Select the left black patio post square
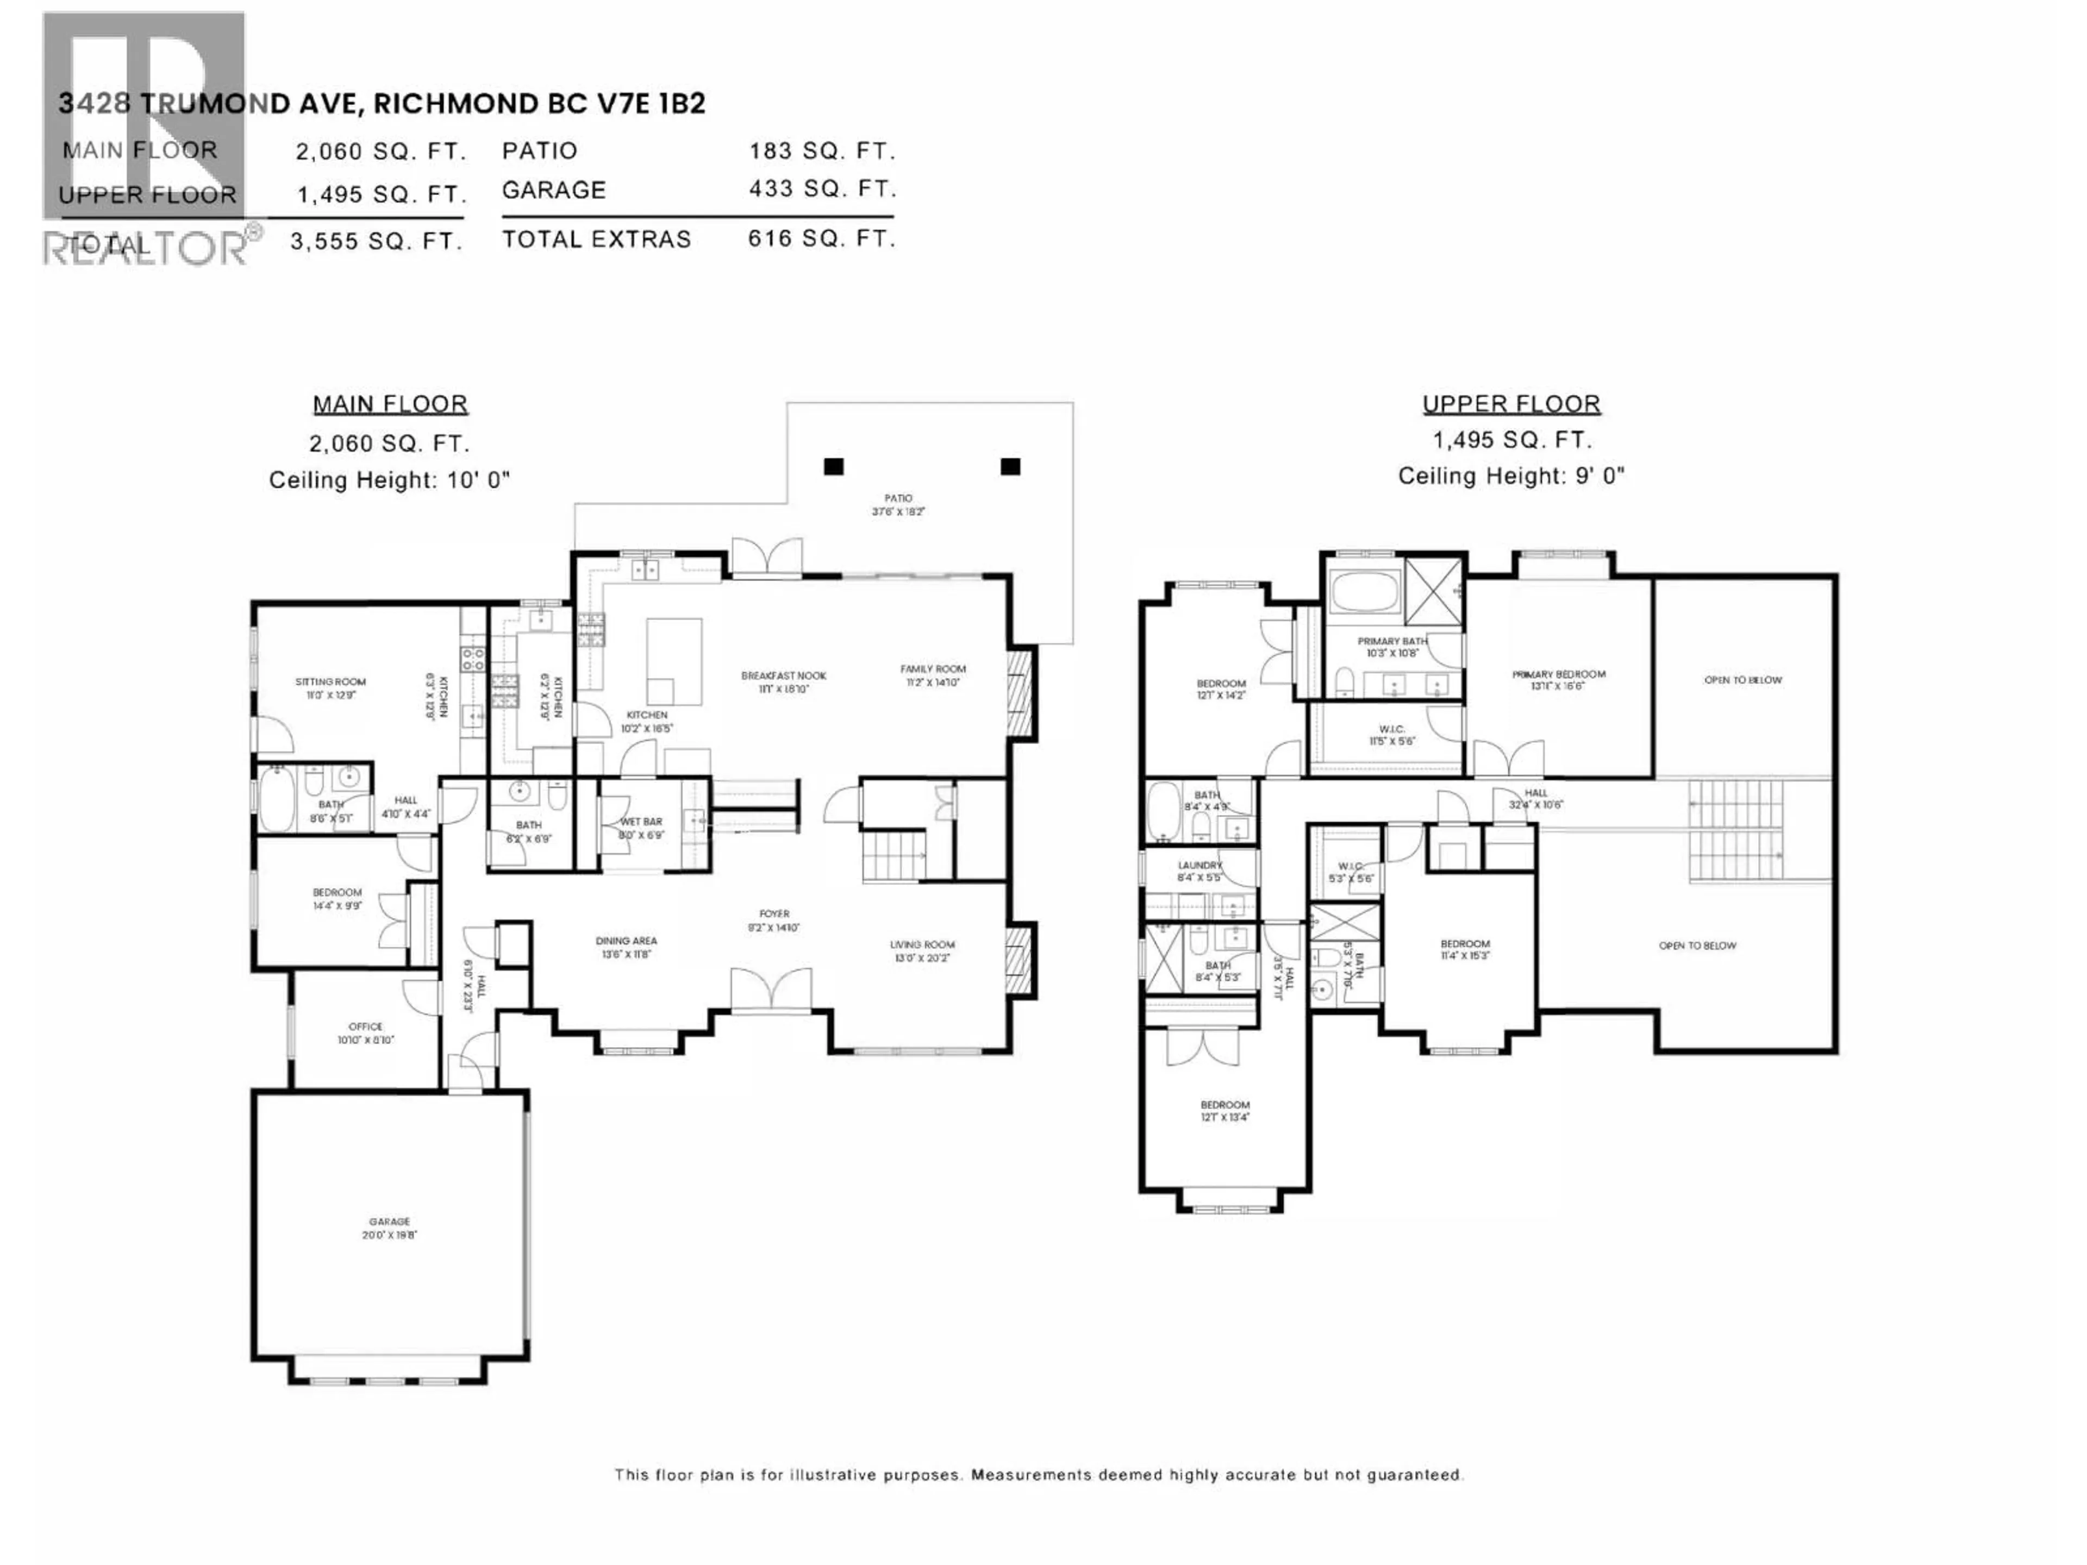pyautogui.click(x=833, y=466)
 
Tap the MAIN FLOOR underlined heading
pyautogui.click(x=390, y=405)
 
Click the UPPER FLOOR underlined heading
pyautogui.click(x=1510, y=405)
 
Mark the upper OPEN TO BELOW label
pyautogui.click(x=1742, y=680)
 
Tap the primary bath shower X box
pyautogui.click(x=1433, y=593)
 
